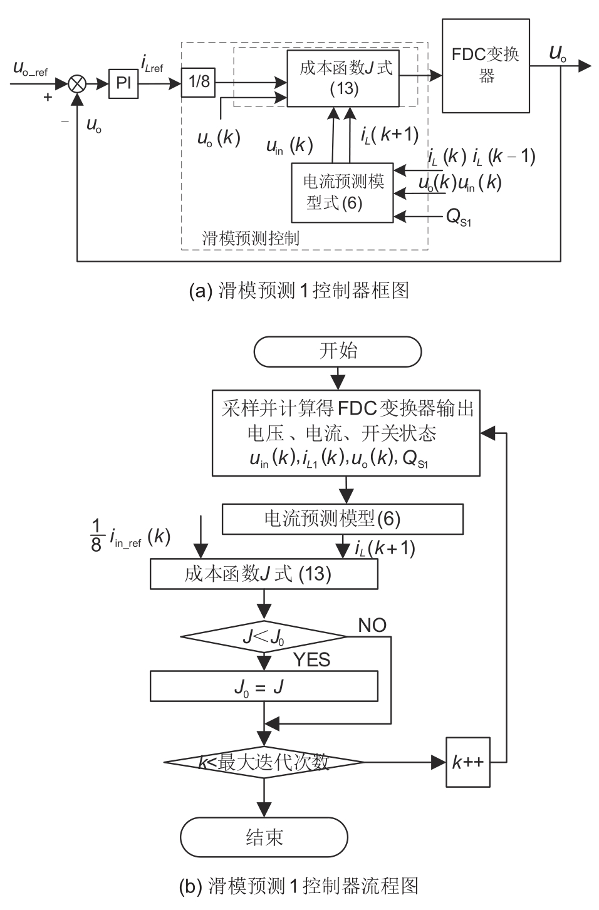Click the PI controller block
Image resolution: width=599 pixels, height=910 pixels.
(123, 83)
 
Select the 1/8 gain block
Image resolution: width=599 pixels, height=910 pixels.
(198, 81)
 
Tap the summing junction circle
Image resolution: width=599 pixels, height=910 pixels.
(77, 83)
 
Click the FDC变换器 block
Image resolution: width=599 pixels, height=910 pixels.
(486, 65)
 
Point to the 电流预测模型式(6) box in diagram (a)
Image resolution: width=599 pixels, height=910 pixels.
(343, 192)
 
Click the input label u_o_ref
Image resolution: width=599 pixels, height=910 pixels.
(30, 70)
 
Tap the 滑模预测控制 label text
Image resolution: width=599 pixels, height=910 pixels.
(251, 238)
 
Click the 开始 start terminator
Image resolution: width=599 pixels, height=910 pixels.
(338, 351)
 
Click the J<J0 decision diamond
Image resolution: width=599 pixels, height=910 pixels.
(264, 638)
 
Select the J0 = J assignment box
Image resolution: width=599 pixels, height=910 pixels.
(264, 686)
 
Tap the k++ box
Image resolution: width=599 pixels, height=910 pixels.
(468, 762)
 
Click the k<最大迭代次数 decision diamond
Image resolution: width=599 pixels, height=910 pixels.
(264, 762)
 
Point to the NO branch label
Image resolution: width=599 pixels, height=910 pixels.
(372, 625)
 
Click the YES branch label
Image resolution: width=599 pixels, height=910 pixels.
(312, 659)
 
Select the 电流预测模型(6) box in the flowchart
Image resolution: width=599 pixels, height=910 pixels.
(343, 519)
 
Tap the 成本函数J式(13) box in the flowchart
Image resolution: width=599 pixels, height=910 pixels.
(264, 574)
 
